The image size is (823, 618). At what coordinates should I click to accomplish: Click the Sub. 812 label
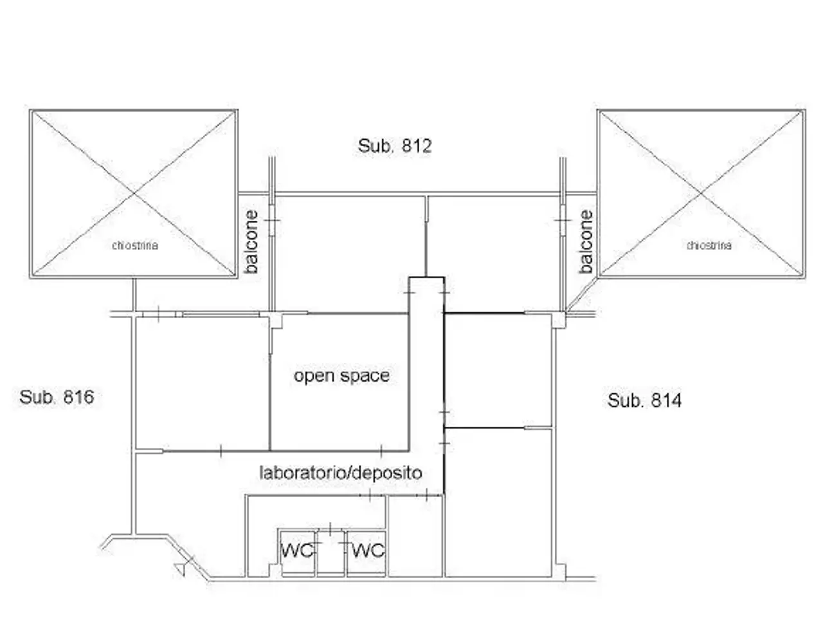pos(394,146)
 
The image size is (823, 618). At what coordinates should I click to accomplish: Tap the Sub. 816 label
pos(57,397)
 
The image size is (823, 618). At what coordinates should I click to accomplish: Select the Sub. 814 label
pos(644,400)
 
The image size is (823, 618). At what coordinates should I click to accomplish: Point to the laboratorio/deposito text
pos(340,473)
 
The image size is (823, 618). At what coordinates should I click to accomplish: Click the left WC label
pos(297,550)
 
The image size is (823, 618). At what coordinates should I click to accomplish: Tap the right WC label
pos(368,550)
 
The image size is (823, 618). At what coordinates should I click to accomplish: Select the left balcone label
pos(251,241)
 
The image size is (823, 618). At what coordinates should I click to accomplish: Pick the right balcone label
pos(586,241)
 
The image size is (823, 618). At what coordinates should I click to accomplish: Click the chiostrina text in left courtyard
pos(135,245)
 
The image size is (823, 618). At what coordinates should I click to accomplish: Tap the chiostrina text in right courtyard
pos(709,245)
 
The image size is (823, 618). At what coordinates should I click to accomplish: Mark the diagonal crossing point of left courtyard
pos(134,194)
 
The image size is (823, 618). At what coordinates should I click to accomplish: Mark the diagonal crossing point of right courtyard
pos(701,194)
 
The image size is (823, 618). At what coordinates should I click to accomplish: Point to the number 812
pos(417,146)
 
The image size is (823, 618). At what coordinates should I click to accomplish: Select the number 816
pos(78,397)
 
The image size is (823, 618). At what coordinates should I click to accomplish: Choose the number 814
pos(666,400)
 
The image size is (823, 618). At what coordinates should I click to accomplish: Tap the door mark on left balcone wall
pos(272,220)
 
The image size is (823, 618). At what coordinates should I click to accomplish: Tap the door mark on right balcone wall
pos(563,220)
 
